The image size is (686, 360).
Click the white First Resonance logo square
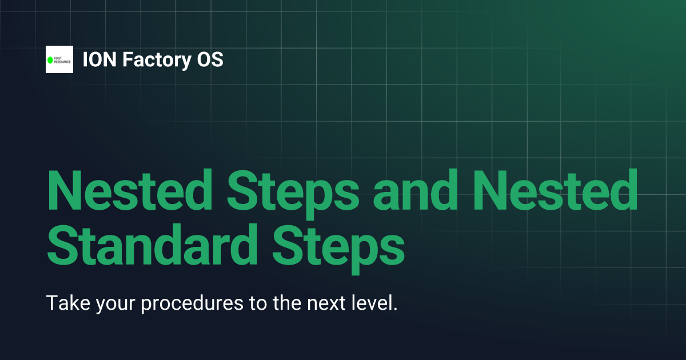59,59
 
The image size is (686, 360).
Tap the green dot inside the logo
50,59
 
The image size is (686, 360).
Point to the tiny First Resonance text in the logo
62,59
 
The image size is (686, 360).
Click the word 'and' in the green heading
412,190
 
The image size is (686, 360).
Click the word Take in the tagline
65,303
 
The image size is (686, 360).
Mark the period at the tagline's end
394,309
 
